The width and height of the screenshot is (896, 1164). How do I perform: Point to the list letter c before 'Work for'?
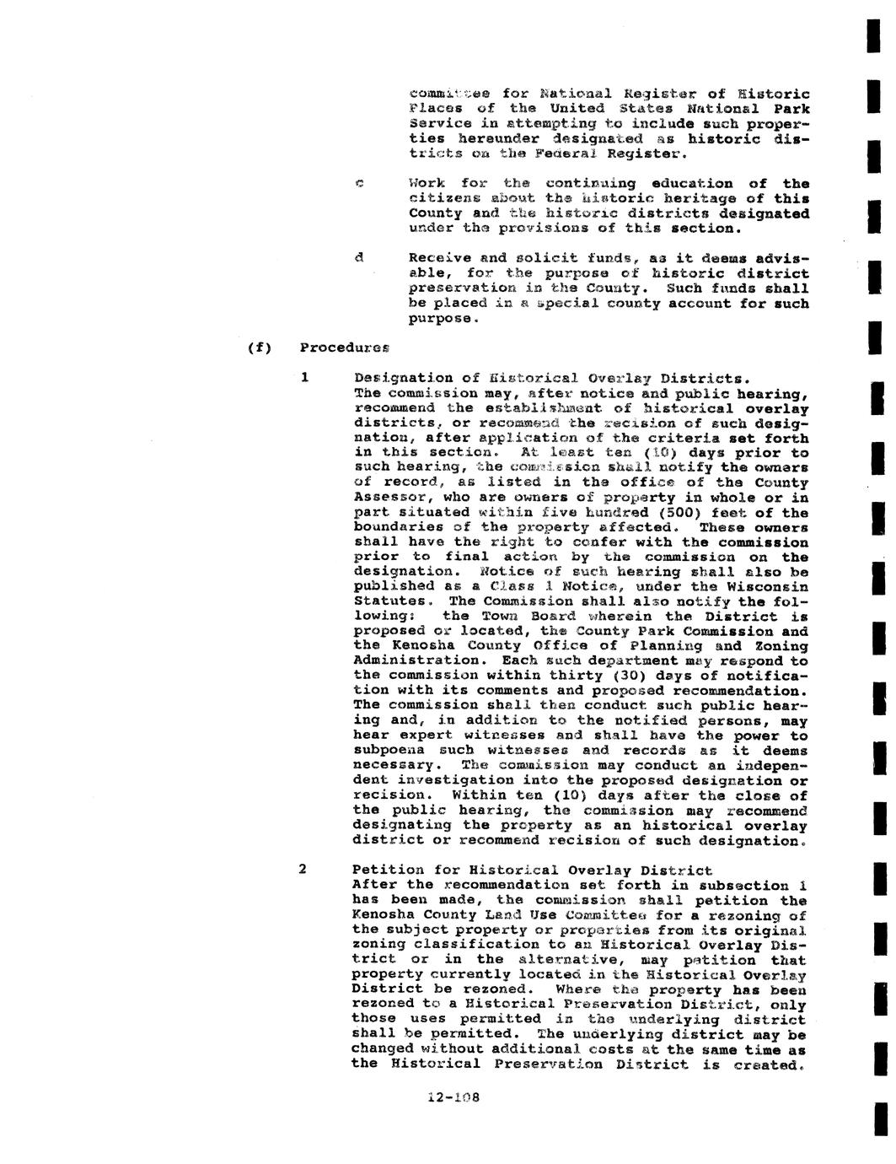tap(358, 184)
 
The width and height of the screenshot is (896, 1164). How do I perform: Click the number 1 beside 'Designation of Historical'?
tap(304, 378)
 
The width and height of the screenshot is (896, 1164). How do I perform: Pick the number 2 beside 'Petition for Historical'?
tap(303, 870)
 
